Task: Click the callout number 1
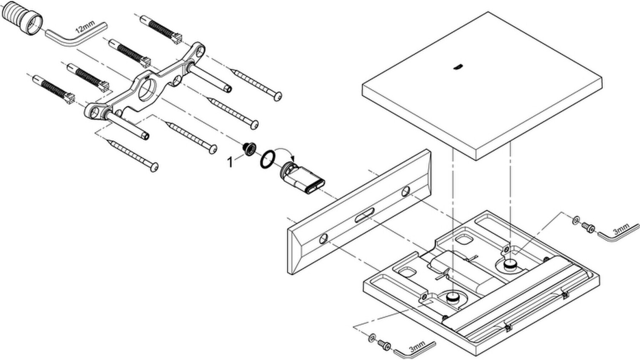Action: (x=230, y=162)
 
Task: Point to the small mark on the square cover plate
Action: (x=458, y=66)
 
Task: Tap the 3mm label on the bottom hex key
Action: (x=416, y=347)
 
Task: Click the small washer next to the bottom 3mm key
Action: (x=372, y=338)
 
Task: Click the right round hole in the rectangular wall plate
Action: (x=406, y=192)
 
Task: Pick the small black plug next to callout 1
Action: (x=248, y=148)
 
